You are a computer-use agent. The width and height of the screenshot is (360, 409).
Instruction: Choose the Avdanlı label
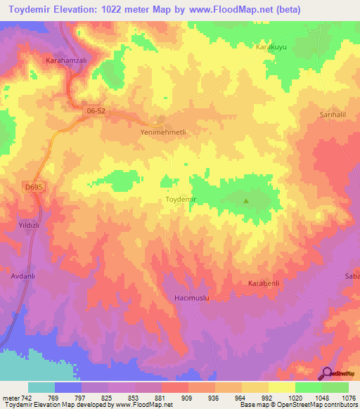pyautogui.click(x=22, y=276)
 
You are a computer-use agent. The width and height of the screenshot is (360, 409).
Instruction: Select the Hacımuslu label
pyautogui.click(x=192, y=298)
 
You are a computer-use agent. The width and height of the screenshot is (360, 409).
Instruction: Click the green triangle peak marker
pyautogui.click(x=246, y=200)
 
